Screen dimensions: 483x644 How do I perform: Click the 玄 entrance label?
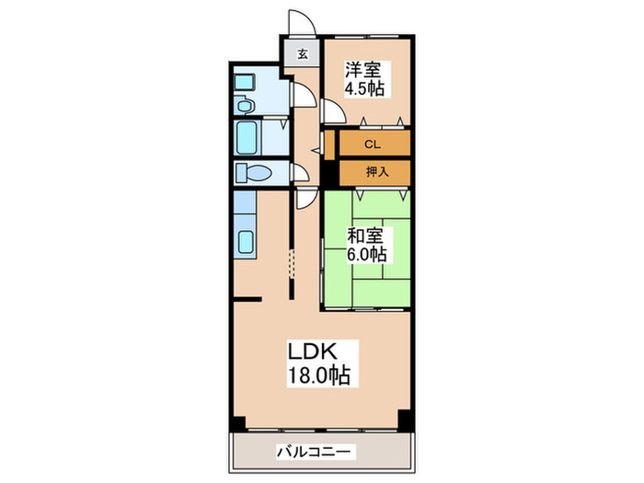click(x=302, y=53)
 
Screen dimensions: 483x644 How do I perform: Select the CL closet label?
click(x=372, y=144)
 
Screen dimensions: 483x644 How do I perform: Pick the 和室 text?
click(x=364, y=234)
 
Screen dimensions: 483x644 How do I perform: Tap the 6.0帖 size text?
click(x=365, y=253)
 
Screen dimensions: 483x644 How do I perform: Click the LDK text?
click(x=317, y=352)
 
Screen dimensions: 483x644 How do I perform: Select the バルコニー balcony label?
click(x=314, y=452)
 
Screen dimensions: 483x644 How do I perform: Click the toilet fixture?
click(x=251, y=172)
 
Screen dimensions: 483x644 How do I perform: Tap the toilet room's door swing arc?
click(x=298, y=172)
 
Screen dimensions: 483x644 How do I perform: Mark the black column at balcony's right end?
click(x=406, y=421)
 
